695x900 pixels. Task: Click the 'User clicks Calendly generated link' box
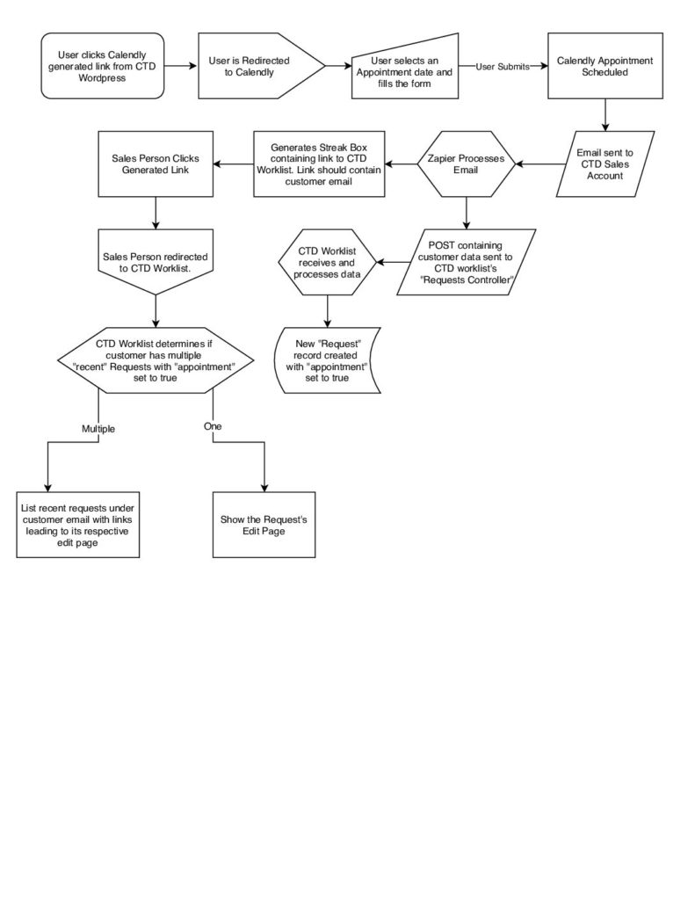(x=103, y=66)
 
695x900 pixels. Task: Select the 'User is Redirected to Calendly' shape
(x=261, y=66)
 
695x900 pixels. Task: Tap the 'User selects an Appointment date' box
(x=404, y=69)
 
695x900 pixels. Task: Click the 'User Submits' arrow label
(x=503, y=67)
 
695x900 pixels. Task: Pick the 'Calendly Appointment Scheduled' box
(x=605, y=66)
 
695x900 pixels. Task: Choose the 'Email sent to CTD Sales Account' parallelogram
(x=605, y=164)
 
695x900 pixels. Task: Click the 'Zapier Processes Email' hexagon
(x=466, y=164)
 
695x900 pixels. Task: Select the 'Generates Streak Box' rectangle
(x=319, y=164)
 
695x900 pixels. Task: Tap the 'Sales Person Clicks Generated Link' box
(x=156, y=164)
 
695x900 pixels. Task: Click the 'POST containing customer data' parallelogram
(x=466, y=262)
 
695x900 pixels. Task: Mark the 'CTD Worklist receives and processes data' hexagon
(x=327, y=262)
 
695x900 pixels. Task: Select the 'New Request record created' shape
(x=327, y=360)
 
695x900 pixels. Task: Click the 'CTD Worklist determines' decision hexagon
(x=156, y=360)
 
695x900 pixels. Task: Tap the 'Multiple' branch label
(x=98, y=429)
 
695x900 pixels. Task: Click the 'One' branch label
(x=213, y=426)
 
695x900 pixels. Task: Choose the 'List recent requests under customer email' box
(x=78, y=525)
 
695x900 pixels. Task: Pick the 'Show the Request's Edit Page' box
(x=264, y=525)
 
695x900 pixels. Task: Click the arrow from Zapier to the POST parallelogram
(x=466, y=213)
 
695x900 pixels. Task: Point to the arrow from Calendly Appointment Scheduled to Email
(x=605, y=115)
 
